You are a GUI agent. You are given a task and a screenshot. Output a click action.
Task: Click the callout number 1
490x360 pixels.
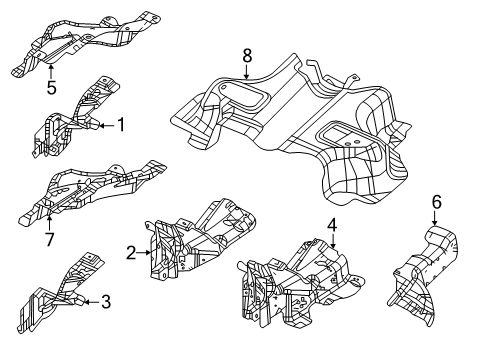[x=121, y=126]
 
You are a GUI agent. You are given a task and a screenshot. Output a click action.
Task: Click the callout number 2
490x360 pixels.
[x=131, y=253]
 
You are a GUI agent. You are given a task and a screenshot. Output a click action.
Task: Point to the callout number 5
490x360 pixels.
[x=50, y=87]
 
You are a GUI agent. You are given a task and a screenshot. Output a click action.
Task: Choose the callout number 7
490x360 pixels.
[x=48, y=239]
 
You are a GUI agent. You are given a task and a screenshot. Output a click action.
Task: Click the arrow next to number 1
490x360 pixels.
[x=103, y=126]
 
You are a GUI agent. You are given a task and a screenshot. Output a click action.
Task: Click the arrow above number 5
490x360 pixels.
[x=50, y=69]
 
